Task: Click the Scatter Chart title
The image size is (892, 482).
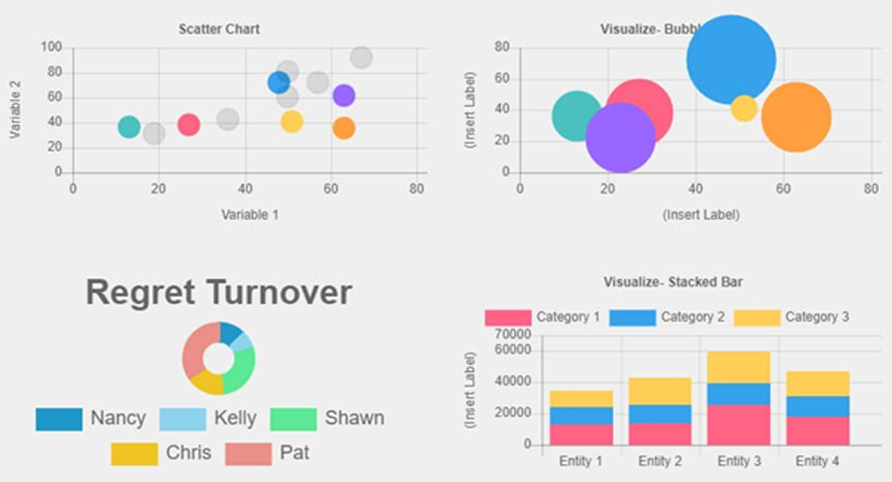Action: coord(219,29)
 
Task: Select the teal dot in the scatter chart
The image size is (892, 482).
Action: coord(129,127)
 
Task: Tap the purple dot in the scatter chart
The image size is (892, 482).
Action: coord(344,96)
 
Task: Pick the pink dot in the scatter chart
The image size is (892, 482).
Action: coord(188,125)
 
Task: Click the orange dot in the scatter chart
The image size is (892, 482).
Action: coord(344,128)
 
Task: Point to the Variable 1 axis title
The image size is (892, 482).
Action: coord(249,215)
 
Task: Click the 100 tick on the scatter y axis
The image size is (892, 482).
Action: coord(52,47)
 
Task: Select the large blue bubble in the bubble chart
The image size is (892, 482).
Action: coord(730,59)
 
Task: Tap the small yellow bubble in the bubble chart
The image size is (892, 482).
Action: coord(744,108)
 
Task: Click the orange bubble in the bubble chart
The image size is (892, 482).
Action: coord(797,117)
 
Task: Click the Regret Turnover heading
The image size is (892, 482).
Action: coord(219,293)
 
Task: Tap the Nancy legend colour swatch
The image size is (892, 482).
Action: coord(59,419)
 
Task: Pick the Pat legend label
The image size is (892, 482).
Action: coord(295,453)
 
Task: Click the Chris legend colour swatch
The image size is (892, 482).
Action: coord(134,453)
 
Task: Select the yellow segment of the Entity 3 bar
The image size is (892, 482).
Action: coord(739,367)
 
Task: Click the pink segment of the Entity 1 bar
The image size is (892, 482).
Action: coord(581,434)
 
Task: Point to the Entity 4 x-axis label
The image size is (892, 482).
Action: coord(817,462)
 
